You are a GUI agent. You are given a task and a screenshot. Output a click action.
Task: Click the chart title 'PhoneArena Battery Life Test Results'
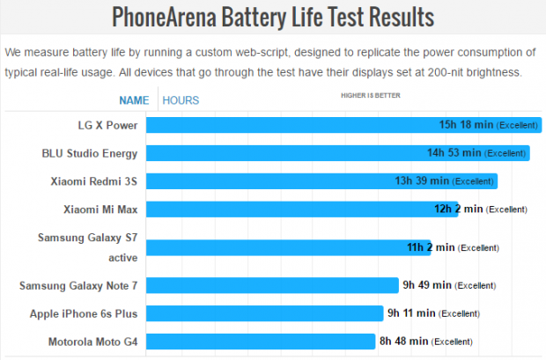coord(273,17)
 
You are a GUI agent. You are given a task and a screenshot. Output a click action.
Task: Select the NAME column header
coord(134,100)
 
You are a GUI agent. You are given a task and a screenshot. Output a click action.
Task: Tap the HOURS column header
coord(181,100)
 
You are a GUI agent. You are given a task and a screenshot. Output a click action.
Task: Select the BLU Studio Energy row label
coord(90,153)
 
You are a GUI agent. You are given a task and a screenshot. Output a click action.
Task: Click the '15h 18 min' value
coord(466,125)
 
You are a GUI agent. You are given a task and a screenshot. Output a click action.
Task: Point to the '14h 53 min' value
coord(454,153)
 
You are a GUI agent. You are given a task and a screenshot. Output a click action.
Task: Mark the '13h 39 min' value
coord(422,181)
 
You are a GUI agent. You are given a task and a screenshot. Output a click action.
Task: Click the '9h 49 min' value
coord(427,285)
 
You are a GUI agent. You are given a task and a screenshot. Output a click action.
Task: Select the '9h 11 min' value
coord(411,313)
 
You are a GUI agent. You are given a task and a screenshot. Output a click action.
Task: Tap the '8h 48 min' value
coord(404,342)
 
